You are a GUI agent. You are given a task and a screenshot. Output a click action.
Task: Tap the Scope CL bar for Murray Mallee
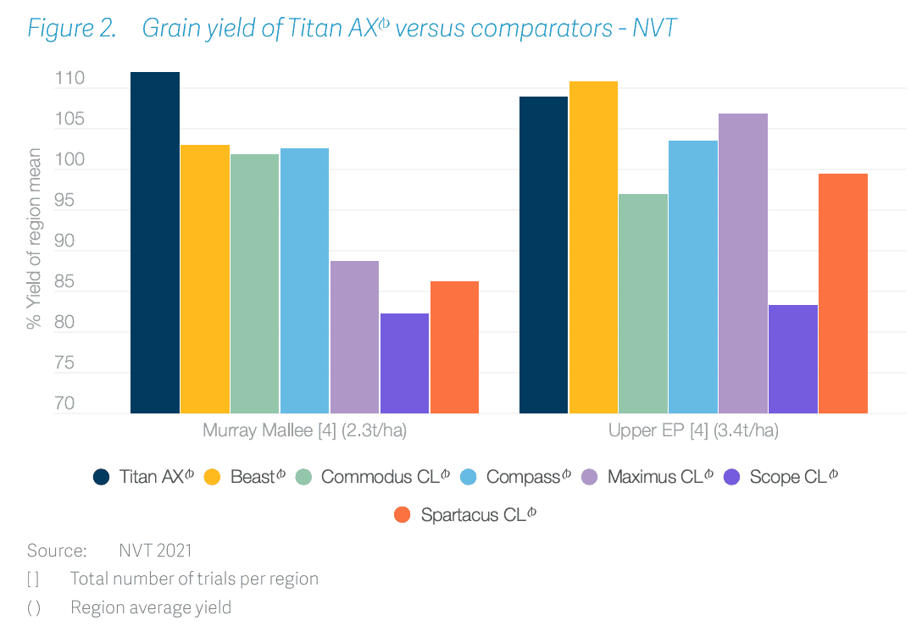coord(404,363)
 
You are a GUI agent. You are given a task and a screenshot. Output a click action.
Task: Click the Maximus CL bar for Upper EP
coord(743,263)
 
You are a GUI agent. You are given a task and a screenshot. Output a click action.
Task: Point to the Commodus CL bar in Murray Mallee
coord(254,284)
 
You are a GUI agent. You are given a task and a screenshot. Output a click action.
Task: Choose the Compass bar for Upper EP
coord(693,277)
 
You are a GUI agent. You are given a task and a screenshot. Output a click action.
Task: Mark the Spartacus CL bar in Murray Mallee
coord(454,347)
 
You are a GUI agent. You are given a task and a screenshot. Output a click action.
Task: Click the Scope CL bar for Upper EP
coord(793,359)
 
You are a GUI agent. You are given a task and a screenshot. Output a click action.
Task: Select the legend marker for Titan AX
coord(101,477)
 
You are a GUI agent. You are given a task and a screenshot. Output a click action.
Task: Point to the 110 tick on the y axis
coord(69,80)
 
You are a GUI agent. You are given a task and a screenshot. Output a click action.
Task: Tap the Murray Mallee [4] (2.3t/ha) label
coord(304,431)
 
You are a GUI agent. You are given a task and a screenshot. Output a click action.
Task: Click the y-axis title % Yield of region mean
coord(34,239)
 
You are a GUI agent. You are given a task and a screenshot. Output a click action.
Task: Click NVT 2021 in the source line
coord(155,551)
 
